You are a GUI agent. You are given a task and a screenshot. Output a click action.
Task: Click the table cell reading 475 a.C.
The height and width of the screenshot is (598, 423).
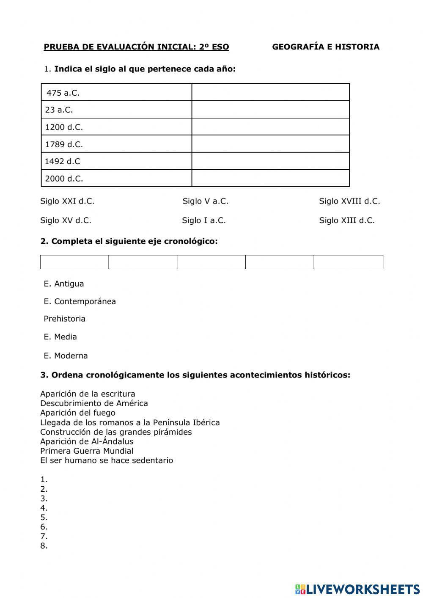pyautogui.click(x=116, y=92)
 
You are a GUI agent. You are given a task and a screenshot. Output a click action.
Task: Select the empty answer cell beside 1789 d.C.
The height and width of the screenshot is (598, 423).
pyautogui.click(x=270, y=144)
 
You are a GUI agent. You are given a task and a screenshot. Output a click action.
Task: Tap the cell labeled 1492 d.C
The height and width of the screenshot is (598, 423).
pyautogui.click(x=116, y=161)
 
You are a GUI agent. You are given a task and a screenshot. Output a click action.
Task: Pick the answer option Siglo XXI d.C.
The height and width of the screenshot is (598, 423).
pyautogui.click(x=67, y=201)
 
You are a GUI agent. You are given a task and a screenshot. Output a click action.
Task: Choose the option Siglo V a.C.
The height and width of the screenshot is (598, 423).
pyautogui.click(x=205, y=201)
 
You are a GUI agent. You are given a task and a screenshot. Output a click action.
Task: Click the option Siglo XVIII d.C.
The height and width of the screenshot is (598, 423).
pyautogui.click(x=349, y=201)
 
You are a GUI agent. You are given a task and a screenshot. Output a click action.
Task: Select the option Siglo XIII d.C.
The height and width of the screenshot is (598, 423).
pyautogui.click(x=347, y=220)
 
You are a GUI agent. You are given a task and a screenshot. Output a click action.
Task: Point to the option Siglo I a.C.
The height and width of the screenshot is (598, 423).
pyautogui.click(x=204, y=220)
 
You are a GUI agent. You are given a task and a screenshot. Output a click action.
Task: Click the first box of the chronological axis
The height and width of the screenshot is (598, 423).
pyautogui.click(x=74, y=262)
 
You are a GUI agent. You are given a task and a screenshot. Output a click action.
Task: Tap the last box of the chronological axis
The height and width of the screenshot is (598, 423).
pyautogui.click(x=348, y=262)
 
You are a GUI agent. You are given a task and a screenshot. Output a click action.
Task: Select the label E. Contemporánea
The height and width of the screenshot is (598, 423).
pyautogui.click(x=80, y=301)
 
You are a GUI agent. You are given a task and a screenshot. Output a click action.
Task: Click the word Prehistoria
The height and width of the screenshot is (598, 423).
pyautogui.click(x=64, y=319)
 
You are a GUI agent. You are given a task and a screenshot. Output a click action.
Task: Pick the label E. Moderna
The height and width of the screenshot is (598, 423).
pyautogui.click(x=66, y=355)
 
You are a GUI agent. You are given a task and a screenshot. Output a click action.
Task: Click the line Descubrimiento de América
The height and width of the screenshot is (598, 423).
pyautogui.click(x=94, y=403)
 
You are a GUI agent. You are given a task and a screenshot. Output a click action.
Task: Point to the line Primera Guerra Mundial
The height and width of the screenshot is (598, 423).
pyautogui.click(x=87, y=451)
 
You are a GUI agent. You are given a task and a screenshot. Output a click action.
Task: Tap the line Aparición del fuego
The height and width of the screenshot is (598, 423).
pyautogui.click(x=77, y=413)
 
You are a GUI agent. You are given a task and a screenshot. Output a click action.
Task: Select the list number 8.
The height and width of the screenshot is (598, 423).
pyautogui.click(x=44, y=546)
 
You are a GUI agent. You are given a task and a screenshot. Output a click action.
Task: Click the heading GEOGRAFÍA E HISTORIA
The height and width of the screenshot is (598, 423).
pyautogui.click(x=326, y=47)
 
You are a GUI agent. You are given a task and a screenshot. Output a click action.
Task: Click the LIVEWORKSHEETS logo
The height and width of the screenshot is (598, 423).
pyautogui.click(x=357, y=589)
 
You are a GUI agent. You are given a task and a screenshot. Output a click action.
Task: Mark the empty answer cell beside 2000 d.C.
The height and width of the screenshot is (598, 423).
pyautogui.click(x=270, y=178)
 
